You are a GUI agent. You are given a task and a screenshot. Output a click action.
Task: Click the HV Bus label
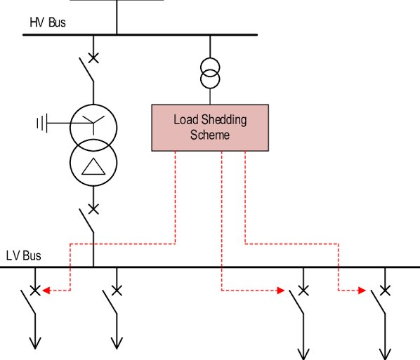point(48,22)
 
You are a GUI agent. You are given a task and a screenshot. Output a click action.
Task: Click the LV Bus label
point(24,255)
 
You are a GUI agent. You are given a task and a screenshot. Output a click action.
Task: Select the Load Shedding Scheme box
point(210,128)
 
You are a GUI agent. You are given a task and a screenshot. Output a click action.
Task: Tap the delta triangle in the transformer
point(93,166)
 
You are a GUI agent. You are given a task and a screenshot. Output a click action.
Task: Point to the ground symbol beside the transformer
point(42,123)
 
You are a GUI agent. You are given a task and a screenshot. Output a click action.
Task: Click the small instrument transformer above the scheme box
point(210,73)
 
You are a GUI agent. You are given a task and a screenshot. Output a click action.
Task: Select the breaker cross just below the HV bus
point(93,58)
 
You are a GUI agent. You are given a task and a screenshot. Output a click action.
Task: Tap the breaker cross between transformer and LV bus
point(93,209)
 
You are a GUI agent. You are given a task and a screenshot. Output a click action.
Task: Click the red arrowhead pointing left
point(46,291)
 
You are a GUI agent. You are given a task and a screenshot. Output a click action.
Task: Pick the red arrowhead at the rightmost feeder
point(362,291)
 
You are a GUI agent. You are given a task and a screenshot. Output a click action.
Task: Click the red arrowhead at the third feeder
point(281,291)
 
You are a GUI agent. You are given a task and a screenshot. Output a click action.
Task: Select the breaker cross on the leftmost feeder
point(35,291)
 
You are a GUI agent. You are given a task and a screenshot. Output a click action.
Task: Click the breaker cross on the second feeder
point(117,291)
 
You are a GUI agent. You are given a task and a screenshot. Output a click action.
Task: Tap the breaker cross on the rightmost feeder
point(385,291)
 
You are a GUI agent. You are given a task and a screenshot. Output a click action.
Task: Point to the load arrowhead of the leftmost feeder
point(35,344)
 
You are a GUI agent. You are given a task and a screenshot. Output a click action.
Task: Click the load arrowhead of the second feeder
point(117,344)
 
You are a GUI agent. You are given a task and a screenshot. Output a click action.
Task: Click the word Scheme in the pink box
point(210,135)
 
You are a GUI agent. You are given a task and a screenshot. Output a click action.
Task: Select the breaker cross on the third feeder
point(303,291)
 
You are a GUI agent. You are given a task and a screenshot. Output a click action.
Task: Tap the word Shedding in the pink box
point(224,120)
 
